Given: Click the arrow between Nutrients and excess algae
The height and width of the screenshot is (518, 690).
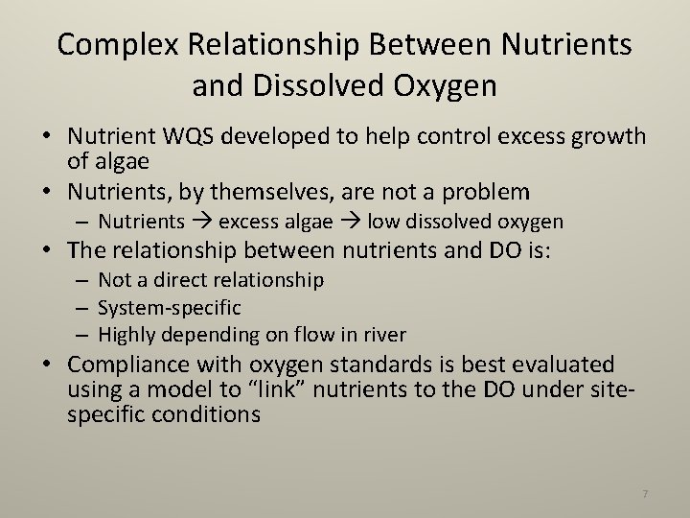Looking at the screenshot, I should pyautogui.click(x=202, y=223).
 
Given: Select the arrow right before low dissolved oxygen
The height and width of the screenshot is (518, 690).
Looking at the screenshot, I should pyautogui.click(x=350, y=223).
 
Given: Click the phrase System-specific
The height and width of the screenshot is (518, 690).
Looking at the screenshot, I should pyautogui.click(x=170, y=308).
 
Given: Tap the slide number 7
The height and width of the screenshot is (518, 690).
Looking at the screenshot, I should pyautogui.click(x=645, y=493).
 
